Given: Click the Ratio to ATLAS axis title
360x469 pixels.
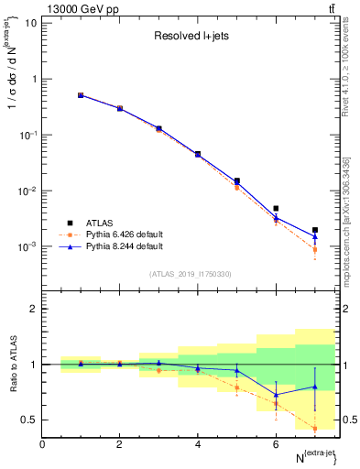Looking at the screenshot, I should (13, 365).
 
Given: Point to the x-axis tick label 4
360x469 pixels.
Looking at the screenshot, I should (198, 443).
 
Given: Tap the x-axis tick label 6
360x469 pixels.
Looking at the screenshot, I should (276, 443).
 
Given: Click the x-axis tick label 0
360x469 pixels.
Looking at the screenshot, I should (42, 443).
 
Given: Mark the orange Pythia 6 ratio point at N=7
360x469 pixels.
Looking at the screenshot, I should (314, 428).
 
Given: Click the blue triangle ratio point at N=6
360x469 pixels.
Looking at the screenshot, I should (276, 395).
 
